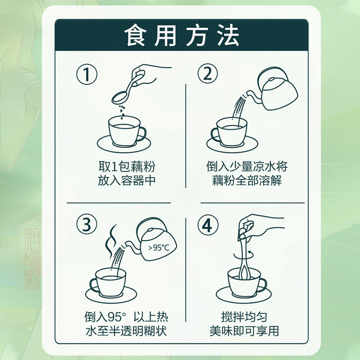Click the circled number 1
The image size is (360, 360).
[x=87, y=75]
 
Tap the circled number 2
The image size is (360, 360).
[x=208, y=74]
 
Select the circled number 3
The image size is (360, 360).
[x=87, y=224]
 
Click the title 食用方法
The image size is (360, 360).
[x=182, y=36]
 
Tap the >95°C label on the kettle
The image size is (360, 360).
[x=159, y=248]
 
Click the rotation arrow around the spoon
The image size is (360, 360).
[x=244, y=255]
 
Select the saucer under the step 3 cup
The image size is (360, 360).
[x=111, y=295]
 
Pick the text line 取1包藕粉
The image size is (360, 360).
[x=127, y=166]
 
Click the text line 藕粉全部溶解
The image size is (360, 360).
[x=247, y=180]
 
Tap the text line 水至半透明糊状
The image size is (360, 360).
[x=126, y=331]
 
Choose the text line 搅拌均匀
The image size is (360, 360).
[x=244, y=317]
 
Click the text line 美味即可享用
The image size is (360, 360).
[x=244, y=331]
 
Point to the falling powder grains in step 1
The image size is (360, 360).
[x=122, y=112]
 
